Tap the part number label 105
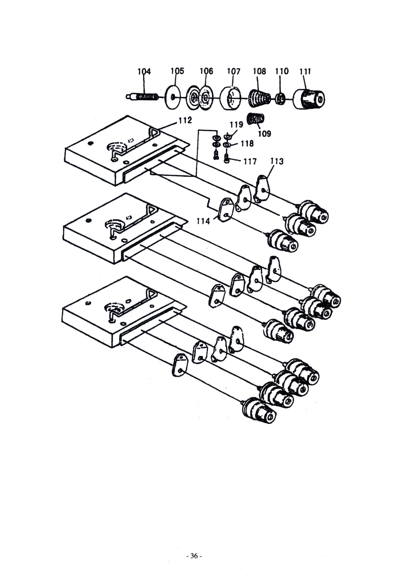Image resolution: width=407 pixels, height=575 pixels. pos(177,71)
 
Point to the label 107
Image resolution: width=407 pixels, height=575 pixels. pos(234,71)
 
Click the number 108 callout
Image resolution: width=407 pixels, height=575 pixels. pos(259,71)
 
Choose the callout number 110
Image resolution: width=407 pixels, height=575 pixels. pos(282,71)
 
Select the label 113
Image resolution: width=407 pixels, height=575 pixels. pos(277,161)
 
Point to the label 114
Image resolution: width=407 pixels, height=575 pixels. pos(203,221)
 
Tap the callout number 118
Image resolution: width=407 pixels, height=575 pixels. pos(247,144)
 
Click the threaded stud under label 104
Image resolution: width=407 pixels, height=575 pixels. pos(142,96)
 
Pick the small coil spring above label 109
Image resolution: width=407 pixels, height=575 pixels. pos(256,119)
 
